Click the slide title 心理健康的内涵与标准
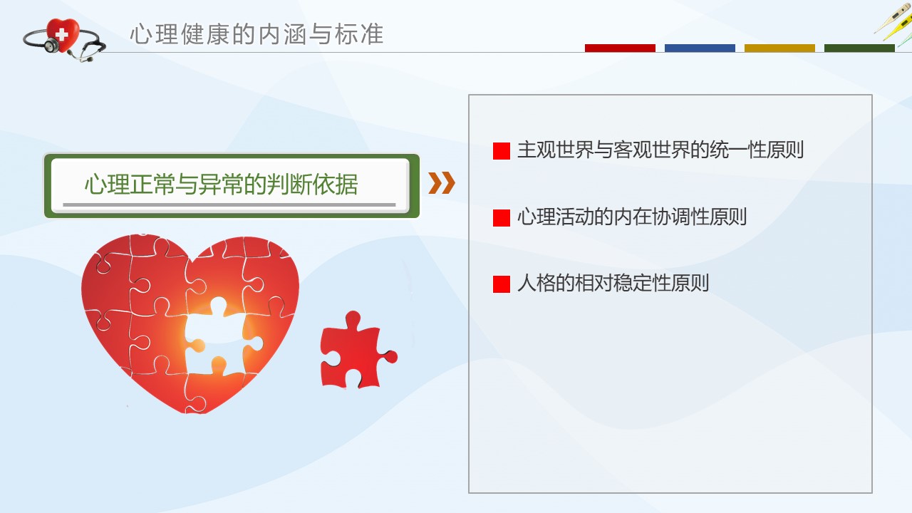pos(257,33)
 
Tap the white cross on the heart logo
pos(61,35)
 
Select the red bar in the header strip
pos(620,48)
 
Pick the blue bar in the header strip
pos(700,48)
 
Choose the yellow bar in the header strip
pos(779,48)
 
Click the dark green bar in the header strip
pos(859,48)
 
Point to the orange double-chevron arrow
pos(442,183)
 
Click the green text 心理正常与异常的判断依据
pos(221,184)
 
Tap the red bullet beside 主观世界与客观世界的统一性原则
pos(501,151)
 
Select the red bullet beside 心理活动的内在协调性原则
pos(501,218)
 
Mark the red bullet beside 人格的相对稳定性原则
pos(501,284)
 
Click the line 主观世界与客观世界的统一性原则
pos(660,150)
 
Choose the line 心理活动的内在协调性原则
pos(632,217)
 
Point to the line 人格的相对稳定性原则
pos(613,283)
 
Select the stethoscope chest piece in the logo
pos(52,46)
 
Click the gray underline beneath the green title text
pos(229,204)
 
